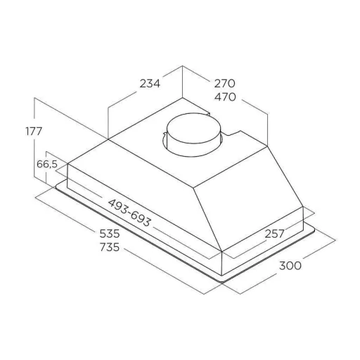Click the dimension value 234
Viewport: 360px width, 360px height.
click(x=150, y=84)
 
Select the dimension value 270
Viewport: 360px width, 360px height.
click(x=224, y=84)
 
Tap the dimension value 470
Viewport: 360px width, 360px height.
click(x=225, y=97)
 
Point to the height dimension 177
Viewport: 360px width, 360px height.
click(x=34, y=131)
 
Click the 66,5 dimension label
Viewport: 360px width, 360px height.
click(x=47, y=165)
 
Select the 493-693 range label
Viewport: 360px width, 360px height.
click(x=129, y=213)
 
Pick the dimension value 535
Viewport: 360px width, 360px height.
click(x=110, y=233)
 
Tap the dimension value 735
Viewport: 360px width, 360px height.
click(x=110, y=247)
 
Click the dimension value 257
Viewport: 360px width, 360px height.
click(x=274, y=233)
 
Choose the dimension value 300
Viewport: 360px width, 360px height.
click(x=290, y=266)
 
